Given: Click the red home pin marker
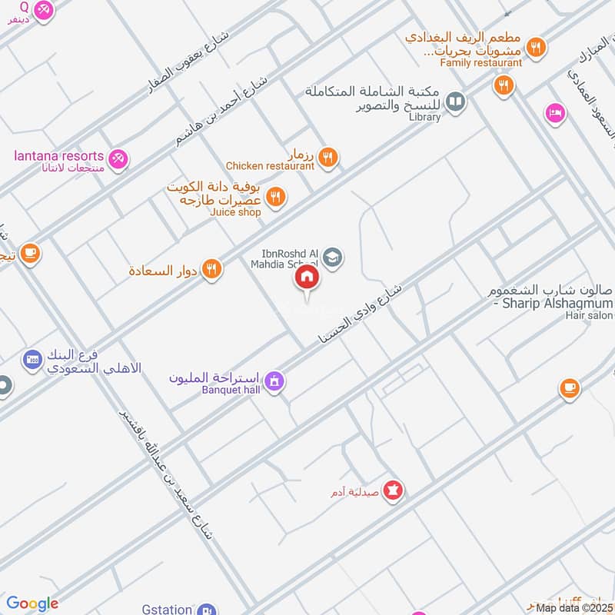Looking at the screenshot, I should [307, 278].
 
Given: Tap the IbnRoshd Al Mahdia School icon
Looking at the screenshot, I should [333, 256].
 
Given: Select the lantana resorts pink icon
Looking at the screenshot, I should [118, 159].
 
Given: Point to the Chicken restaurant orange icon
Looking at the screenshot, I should [328, 158].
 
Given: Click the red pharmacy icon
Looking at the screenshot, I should [394, 490].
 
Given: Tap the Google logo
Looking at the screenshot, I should [32, 604].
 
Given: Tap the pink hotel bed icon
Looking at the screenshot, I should [554, 113].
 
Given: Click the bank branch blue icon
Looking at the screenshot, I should [32, 358].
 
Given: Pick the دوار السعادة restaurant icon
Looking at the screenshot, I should [212, 268].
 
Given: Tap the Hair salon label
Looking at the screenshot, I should [590, 315].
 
